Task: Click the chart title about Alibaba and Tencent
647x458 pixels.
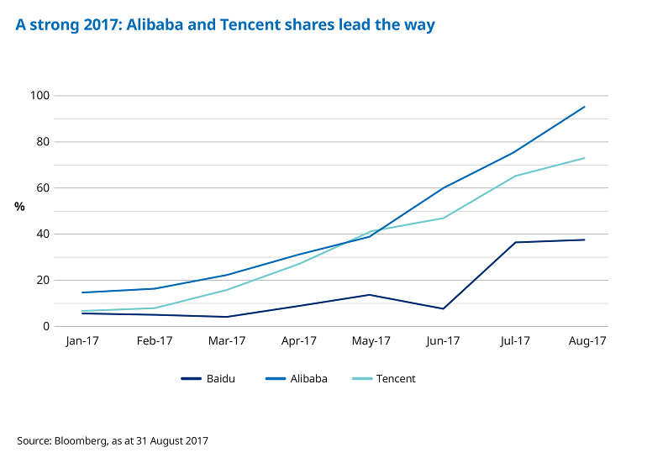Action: [x=225, y=25]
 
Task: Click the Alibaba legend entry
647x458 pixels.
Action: [x=302, y=379]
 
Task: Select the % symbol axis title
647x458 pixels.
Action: [x=19, y=207]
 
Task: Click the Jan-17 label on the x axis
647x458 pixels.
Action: [x=82, y=341]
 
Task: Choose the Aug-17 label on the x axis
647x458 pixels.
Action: [x=587, y=341]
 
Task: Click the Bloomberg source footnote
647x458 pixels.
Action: [x=113, y=440]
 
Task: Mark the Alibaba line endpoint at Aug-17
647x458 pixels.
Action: [x=585, y=107]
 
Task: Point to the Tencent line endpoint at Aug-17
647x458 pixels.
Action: [x=585, y=158]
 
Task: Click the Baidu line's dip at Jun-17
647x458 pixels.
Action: [x=442, y=308]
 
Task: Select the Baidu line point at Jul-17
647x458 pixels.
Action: [x=514, y=242]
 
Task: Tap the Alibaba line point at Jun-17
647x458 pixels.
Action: [x=442, y=187]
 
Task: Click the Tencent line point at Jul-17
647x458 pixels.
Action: [x=514, y=176]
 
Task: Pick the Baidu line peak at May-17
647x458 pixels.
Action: [x=370, y=294]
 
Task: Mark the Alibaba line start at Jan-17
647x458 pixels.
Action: [x=82, y=292]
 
